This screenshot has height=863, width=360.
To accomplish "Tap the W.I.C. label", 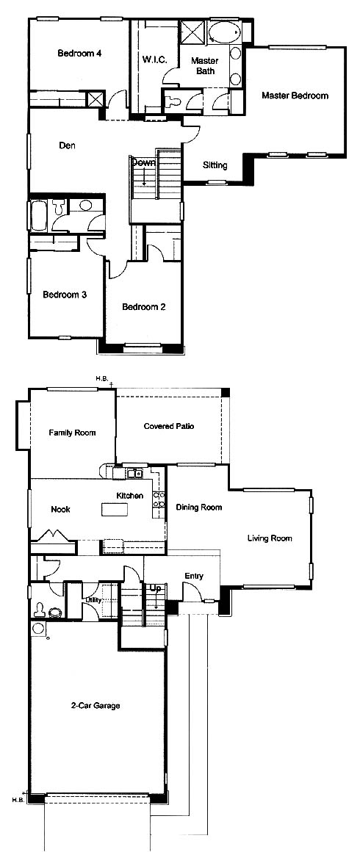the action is [152, 58].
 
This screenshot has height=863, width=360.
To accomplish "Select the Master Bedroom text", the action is [295, 95].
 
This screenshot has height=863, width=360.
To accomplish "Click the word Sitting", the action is [215, 165].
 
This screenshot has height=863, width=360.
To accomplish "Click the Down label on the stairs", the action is [143, 163].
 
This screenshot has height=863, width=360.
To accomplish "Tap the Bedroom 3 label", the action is [65, 295].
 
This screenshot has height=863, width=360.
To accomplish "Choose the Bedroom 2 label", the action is [144, 307].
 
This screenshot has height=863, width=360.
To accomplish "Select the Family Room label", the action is [72, 433].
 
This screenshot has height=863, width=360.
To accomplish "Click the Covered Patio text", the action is [169, 426].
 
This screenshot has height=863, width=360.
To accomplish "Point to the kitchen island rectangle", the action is [115, 510].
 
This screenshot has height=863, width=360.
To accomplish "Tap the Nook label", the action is [60, 509].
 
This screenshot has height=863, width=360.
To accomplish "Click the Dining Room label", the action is [198, 507].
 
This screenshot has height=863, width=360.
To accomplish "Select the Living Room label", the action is [270, 538].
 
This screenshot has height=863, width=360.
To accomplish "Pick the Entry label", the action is [194, 577].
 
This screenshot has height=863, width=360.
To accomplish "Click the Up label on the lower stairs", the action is [156, 588].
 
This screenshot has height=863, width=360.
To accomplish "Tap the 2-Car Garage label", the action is [96, 706].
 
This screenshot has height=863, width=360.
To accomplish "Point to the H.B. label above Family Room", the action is [101, 379].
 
